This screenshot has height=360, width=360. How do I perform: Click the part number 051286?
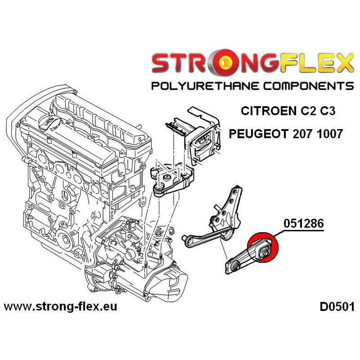click(x=303, y=223)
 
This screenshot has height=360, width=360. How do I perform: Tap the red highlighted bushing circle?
click(x=263, y=247)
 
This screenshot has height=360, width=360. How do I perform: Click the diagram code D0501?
click(x=337, y=307)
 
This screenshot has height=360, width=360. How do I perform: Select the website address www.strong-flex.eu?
click(x=60, y=306)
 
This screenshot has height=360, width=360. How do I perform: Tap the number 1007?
click(x=329, y=134)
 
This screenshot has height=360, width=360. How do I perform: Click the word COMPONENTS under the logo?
click(x=308, y=86)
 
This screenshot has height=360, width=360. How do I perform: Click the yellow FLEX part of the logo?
click(x=316, y=63)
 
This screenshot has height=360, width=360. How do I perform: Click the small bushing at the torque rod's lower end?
click(x=236, y=267)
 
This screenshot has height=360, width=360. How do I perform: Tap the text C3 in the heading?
click(x=328, y=111)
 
